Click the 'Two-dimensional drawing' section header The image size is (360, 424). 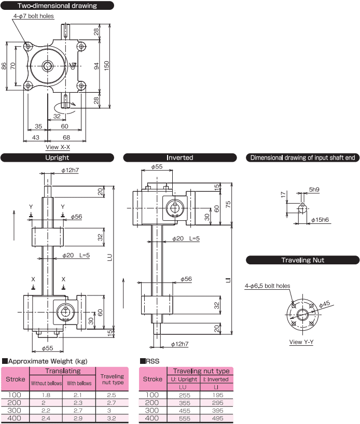pos(58,6)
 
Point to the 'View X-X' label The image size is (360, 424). pos(58,147)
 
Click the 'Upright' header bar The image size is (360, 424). pos(58,158)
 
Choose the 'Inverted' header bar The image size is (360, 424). pos(179,158)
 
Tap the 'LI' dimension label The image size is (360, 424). pos(228,280)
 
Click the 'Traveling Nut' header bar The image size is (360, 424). pos(302,260)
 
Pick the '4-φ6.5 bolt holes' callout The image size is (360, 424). pos(267,286)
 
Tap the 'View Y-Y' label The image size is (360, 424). pos(302,342)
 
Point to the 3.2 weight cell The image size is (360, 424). pos(112,418)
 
